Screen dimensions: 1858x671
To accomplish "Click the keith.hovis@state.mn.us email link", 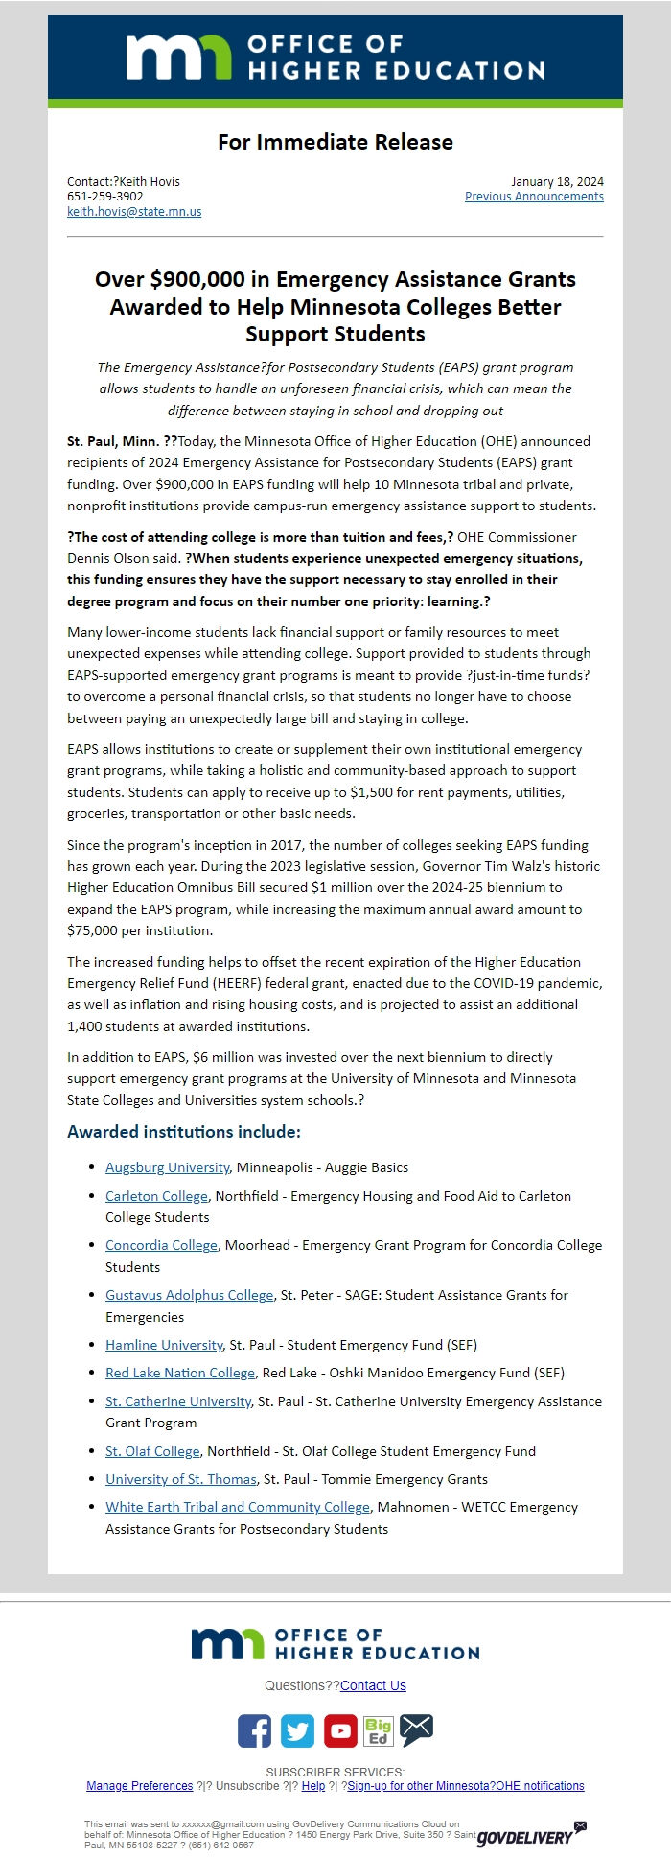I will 134,212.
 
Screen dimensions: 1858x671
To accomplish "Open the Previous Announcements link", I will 534,197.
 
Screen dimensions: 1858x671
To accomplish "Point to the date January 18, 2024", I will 557,181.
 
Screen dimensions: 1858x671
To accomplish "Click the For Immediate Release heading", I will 335,142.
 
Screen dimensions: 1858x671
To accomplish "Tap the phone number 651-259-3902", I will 105,197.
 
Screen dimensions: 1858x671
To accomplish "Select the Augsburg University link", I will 167,1167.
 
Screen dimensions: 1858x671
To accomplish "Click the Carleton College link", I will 156,1196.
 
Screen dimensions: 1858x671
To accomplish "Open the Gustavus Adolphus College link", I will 189,1295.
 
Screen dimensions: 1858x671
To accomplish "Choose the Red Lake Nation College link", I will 180,1373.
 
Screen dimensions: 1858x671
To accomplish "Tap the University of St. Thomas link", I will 181,1479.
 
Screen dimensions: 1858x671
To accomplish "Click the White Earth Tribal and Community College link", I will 237,1507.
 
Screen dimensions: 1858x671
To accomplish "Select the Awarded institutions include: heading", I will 184,1132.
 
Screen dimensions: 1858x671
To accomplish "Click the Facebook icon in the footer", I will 254,1730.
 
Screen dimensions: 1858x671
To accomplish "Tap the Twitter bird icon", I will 297,1730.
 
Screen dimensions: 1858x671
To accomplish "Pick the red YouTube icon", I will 340,1730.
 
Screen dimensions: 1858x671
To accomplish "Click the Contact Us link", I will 373,1685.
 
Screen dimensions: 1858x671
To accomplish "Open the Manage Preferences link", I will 139,1786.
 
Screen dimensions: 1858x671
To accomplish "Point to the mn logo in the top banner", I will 178,58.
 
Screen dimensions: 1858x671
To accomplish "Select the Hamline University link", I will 164,1345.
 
